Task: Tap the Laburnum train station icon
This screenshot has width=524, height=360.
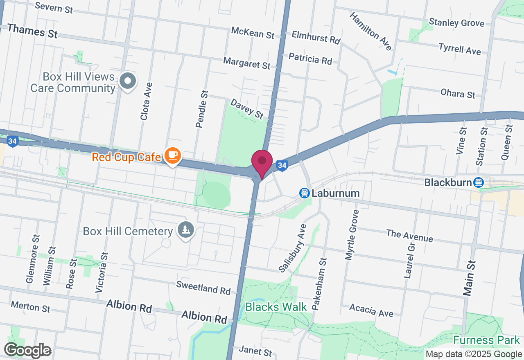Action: pos(304,193)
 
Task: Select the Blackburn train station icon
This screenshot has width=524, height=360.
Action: pos(478,182)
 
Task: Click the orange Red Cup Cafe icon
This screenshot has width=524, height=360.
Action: pos(173,155)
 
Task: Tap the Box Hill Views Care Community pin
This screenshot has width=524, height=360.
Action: pos(128,81)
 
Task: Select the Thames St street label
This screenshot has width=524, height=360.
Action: pos(32,31)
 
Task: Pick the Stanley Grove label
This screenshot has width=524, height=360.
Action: pos(456,22)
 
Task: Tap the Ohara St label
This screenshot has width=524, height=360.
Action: pos(458,94)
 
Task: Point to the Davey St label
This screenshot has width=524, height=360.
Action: pos(247,109)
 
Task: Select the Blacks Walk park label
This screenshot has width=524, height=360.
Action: pos(276,307)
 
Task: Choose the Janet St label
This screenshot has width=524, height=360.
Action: pos(255,351)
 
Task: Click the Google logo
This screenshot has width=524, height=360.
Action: pos(27,351)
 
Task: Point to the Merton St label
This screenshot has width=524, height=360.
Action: pos(30,306)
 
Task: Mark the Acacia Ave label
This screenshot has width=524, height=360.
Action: pos(371,310)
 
